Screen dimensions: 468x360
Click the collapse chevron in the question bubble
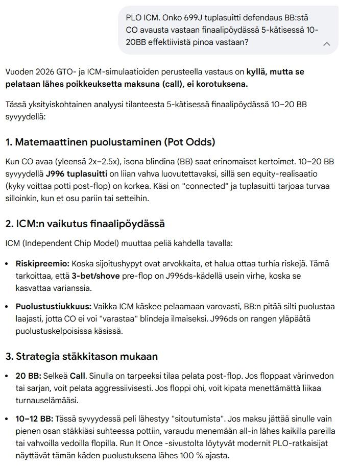click(327, 44)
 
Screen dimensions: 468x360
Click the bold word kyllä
click(257, 72)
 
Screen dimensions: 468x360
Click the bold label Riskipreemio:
click(42, 264)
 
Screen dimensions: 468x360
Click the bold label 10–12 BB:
click(35, 419)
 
